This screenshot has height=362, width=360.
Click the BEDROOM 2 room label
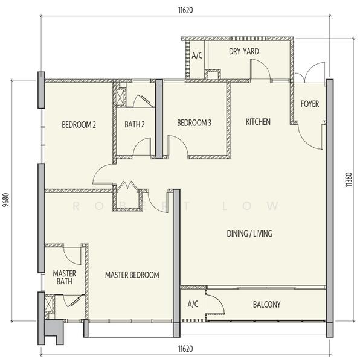click(79, 125)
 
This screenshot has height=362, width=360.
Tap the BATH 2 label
click(135, 124)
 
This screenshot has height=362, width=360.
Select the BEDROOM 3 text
click(194, 122)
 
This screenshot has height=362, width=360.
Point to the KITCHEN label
click(258, 122)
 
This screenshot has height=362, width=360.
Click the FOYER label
click(310, 104)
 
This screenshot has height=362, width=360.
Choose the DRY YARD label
click(244, 51)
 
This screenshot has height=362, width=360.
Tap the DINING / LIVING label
click(249, 233)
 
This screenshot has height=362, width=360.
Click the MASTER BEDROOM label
click(132, 275)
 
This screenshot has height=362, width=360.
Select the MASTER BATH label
click(65, 278)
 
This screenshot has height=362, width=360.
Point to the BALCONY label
click(266, 305)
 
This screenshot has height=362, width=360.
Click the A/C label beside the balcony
click(193, 304)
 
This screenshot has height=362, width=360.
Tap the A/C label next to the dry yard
click(197, 55)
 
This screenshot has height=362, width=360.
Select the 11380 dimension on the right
click(349, 180)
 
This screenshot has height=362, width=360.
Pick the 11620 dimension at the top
click(185, 10)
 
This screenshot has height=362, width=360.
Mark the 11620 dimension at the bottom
click(185, 349)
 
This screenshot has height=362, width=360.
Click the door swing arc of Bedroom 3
click(181, 141)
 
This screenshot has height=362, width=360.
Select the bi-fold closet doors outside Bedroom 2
click(127, 185)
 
